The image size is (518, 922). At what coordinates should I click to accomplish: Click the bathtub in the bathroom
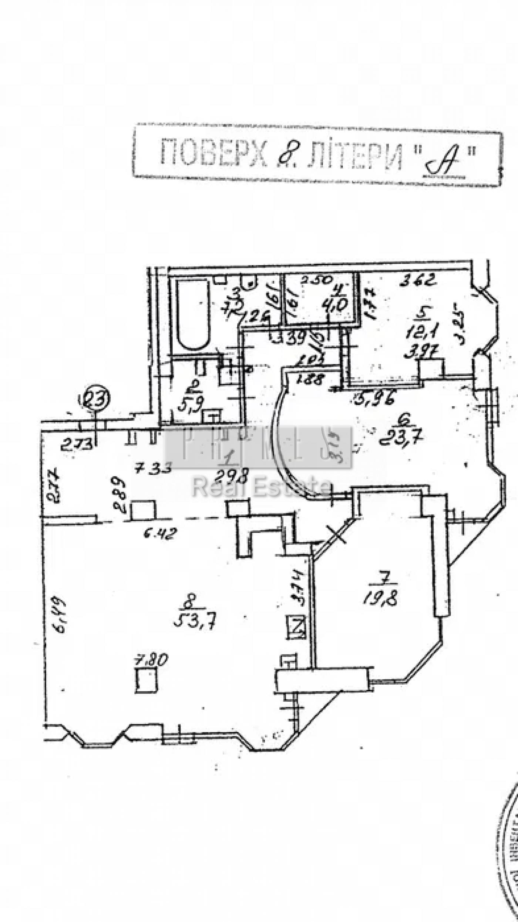[x=192, y=315]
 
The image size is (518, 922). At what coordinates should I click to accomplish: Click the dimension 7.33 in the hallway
[x=153, y=470]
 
